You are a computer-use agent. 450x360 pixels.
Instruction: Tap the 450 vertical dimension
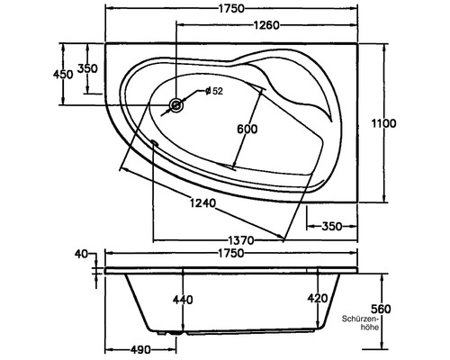click(62, 73)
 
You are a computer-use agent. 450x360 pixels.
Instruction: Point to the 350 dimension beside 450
click(86, 68)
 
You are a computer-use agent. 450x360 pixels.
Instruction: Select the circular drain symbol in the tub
click(175, 106)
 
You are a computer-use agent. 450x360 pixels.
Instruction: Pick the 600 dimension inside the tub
click(247, 129)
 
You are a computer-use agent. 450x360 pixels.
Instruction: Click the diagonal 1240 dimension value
click(203, 203)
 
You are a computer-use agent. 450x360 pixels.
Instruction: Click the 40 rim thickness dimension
click(83, 255)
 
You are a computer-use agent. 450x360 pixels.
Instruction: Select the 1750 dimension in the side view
click(231, 254)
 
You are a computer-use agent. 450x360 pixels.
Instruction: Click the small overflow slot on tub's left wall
click(155, 141)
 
